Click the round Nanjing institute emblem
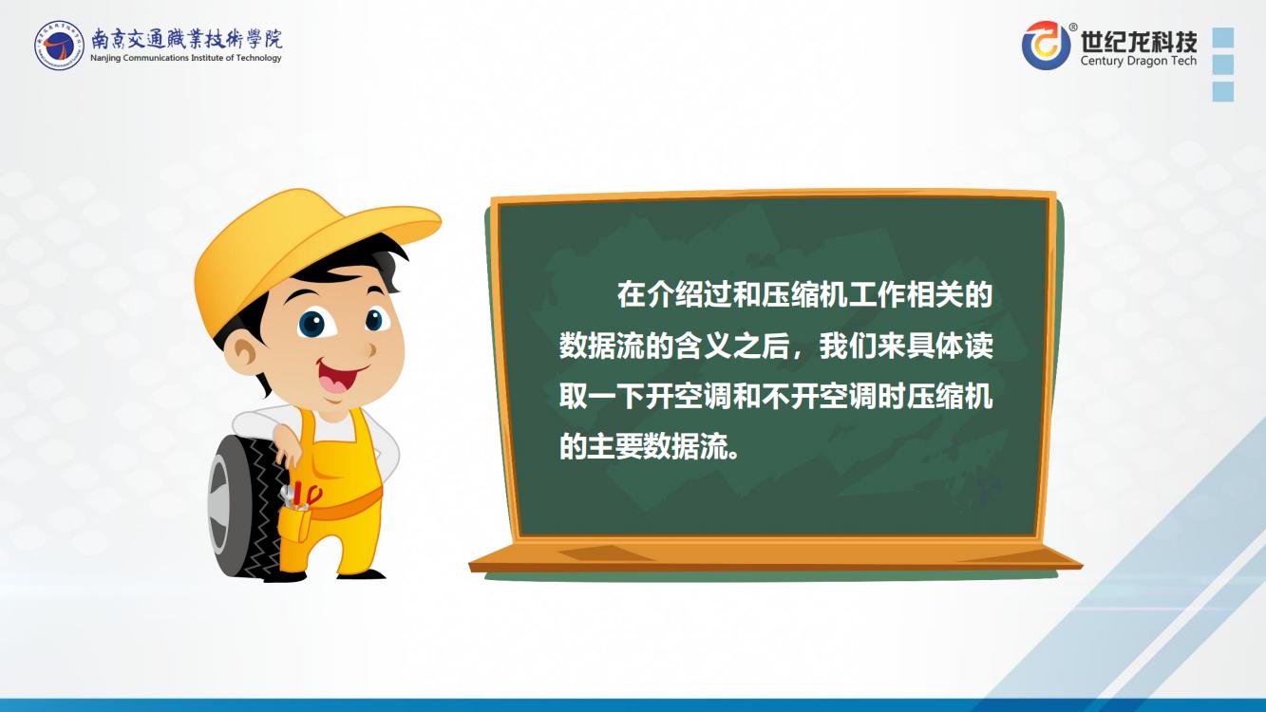(59, 46)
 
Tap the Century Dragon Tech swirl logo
(1047, 46)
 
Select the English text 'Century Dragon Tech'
(1139, 61)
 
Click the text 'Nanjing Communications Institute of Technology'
(186, 58)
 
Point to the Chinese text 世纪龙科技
(1139, 40)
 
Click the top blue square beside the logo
(1223, 37)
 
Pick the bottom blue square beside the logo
(1223, 91)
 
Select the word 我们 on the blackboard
(848, 346)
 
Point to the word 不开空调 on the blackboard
(819, 397)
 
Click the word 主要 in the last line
(616, 446)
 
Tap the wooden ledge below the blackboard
(775, 558)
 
